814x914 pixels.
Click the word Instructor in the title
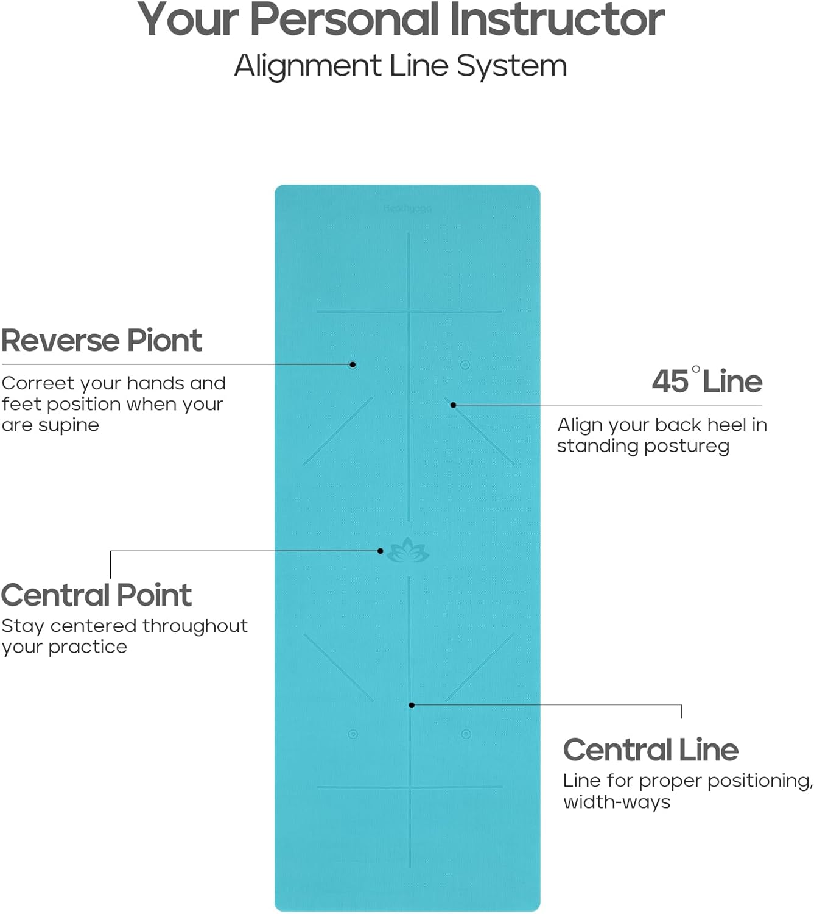[557, 19]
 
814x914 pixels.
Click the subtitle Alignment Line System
[401, 66]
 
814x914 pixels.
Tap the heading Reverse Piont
[101, 340]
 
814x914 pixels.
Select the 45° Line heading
[707, 381]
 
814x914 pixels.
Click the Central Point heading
[96, 595]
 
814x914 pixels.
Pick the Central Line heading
[650, 749]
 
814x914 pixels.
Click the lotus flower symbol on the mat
[408, 550]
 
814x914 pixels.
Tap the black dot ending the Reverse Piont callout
[353, 364]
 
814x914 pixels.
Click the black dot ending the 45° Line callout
[453, 405]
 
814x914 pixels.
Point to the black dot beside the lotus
[381, 551]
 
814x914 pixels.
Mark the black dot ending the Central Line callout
[412, 705]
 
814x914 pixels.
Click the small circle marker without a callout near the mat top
[465, 364]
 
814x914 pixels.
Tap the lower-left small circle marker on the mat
[353, 734]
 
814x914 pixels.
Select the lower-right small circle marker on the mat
[466, 734]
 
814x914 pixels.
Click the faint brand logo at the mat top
[407, 209]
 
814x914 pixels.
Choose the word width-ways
[616, 802]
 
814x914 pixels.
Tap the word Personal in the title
[345, 19]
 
